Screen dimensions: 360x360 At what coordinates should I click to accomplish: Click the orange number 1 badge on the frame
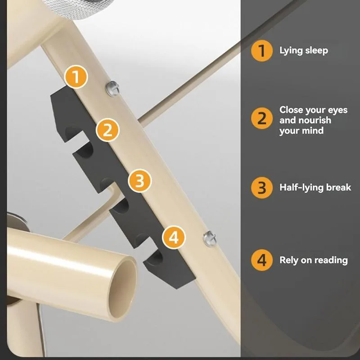tap(76, 77)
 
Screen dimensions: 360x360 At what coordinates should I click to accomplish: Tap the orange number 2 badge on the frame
tap(108, 130)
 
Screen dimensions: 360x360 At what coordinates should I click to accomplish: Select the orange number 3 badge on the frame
tap(140, 181)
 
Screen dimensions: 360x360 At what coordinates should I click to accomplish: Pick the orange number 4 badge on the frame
tap(174, 238)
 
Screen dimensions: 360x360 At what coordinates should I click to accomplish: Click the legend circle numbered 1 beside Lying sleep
tap(262, 51)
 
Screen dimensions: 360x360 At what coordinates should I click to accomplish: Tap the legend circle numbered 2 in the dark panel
tap(262, 118)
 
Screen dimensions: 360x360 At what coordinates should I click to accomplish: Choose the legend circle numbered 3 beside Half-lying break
tap(262, 188)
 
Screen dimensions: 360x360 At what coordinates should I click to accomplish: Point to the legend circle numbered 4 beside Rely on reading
tap(262, 260)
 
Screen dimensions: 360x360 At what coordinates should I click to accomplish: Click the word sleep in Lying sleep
tap(317, 51)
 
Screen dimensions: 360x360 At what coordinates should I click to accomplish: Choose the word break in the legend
tap(339, 187)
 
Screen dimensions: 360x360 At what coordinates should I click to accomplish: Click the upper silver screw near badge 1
tap(112, 88)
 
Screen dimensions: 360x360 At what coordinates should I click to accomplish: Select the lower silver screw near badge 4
tap(210, 238)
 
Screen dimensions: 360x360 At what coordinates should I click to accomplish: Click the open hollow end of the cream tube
tap(122, 289)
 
